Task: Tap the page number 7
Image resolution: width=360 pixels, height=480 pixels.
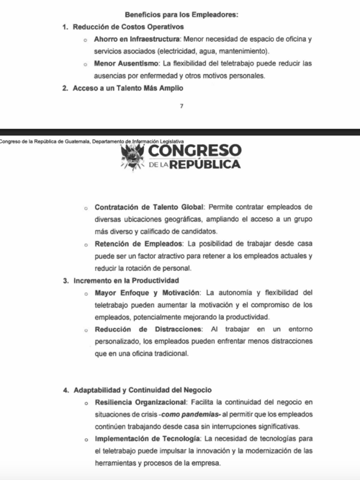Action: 181,106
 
